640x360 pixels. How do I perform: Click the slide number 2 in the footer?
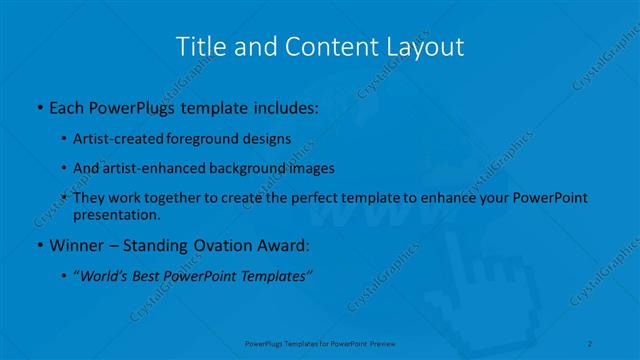click(x=591, y=343)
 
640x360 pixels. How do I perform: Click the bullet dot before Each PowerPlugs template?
click(x=38, y=105)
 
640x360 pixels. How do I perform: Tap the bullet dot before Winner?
click(x=38, y=245)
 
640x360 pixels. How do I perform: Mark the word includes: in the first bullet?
click(x=285, y=105)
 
